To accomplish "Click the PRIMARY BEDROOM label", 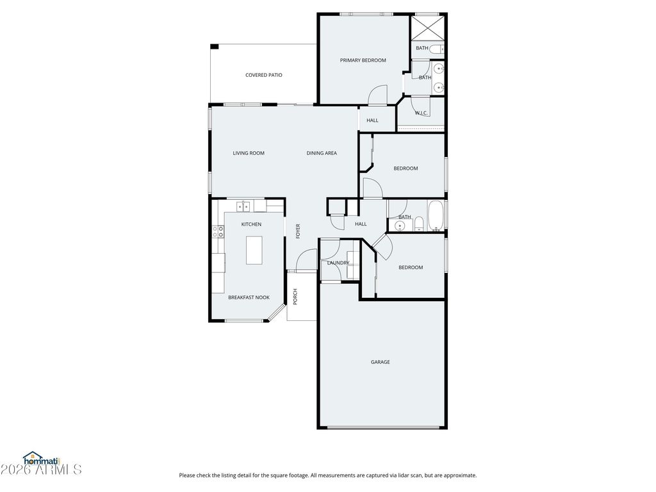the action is pos(363,60).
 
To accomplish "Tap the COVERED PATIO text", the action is pos(263,76).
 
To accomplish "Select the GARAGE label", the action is pos(381,363).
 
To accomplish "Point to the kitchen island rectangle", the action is pos(254,250).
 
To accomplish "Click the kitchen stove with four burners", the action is pos(218,232).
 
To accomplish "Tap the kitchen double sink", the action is pos(243,206).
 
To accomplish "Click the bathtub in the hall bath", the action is pos(436,216).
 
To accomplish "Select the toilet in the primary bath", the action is pos(436,49).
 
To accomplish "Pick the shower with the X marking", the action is pos(427,28).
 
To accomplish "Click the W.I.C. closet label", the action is pos(422,113).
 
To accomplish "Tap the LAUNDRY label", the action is pos(338,263).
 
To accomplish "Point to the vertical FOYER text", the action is pos(299,231).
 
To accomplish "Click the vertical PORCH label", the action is pos(295,297).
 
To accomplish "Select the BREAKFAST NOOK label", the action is pos(249,298).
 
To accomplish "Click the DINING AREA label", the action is pos(322,153).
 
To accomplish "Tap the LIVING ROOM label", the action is pos(249,153).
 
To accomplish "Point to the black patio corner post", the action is pos(214,46).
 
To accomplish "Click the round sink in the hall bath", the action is pos(400,226).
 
